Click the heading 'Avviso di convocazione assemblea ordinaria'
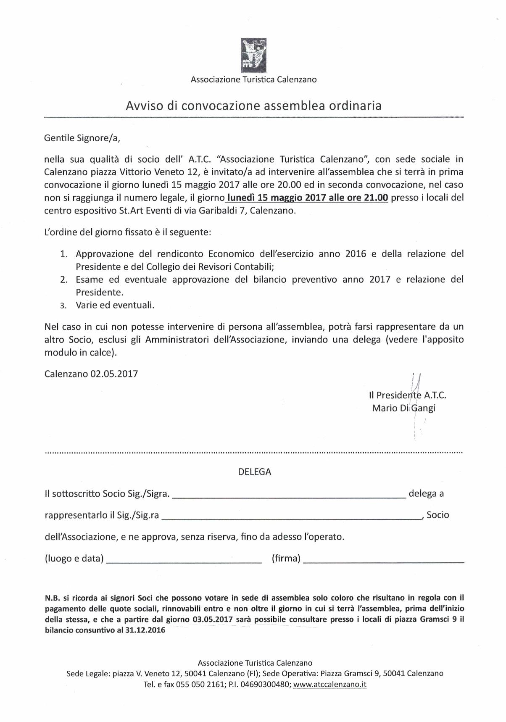pos(253,105)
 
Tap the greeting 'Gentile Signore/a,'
pos(84,137)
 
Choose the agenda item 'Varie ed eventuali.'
pos(115,306)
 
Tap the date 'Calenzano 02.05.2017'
pos(91,374)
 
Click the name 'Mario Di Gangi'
pos(403,408)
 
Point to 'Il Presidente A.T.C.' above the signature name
pos(407,395)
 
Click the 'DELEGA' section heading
pos(255,472)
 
